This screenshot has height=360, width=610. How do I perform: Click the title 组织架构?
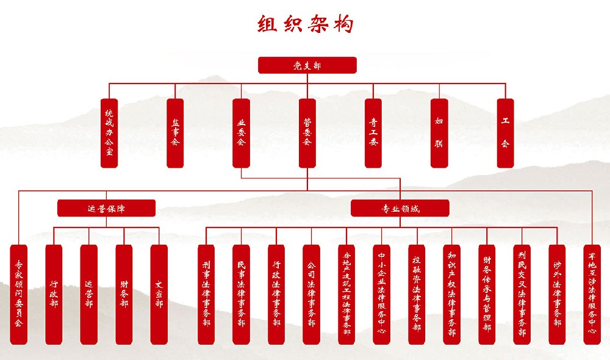point(306,25)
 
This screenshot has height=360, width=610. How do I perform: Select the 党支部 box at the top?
point(307,65)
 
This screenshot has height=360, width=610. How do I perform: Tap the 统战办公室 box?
point(109,133)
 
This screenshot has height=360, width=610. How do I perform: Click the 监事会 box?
point(175,133)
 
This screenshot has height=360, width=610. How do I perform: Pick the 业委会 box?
point(241,133)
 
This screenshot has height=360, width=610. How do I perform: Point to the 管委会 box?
point(307,133)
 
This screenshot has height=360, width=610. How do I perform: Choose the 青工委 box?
point(373,133)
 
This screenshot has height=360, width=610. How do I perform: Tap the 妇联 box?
point(439,133)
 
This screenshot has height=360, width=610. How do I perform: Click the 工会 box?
point(505,133)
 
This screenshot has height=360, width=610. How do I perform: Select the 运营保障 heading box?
point(107,209)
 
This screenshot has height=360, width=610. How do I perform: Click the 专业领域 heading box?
point(400,209)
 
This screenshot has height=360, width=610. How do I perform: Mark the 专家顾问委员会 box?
point(19,295)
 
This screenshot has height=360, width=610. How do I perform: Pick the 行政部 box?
point(54,295)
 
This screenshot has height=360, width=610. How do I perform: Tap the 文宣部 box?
point(159,295)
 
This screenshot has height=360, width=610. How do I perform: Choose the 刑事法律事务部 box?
point(206,295)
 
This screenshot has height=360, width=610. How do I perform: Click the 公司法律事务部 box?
point(311,295)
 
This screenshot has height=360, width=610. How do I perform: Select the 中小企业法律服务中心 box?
point(381,295)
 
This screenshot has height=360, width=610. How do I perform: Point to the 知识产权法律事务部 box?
point(451,295)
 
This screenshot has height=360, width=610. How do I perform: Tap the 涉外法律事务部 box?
point(557,295)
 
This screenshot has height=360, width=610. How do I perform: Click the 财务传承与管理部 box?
point(487,295)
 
